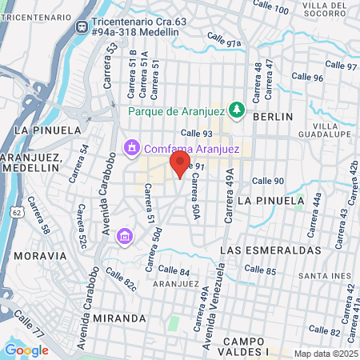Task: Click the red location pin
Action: coord(179,164)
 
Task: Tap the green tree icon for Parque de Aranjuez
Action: coord(236,109)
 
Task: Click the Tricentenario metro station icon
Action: coord(82,26)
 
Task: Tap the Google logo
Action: coord(26,350)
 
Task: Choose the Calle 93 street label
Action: coord(195,134)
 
